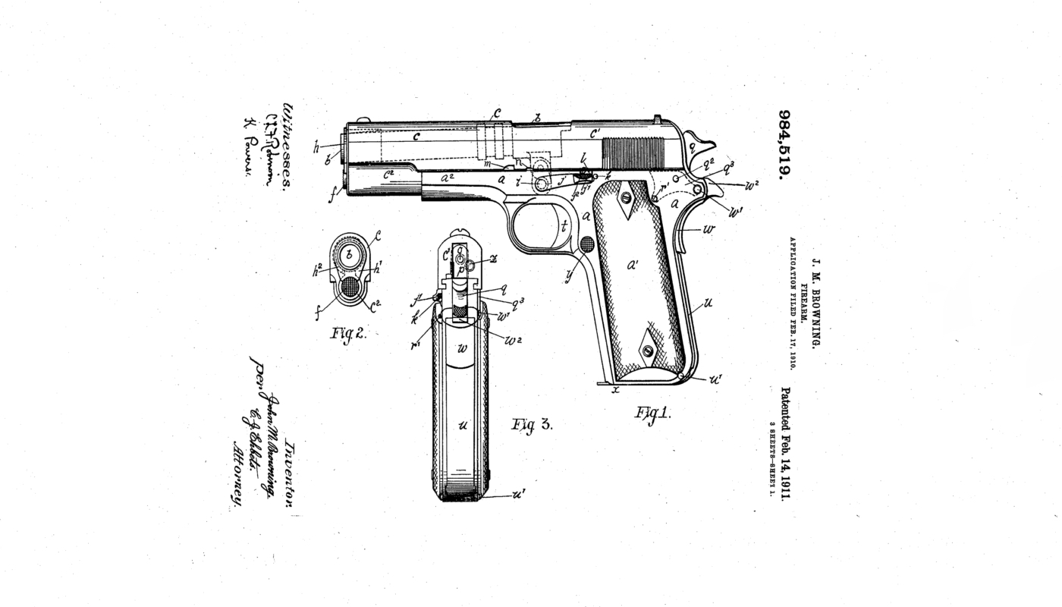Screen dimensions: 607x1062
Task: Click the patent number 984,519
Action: (784, 144)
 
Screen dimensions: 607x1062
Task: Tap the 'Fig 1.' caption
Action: (652, 413)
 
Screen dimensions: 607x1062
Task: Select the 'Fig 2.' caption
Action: (348, 332)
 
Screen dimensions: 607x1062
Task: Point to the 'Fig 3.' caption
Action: (532, 424)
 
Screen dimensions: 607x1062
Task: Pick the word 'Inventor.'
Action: (290, 476)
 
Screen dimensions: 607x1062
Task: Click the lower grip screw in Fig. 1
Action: (647, 351)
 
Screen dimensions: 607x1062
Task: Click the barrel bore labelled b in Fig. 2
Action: (349, 255)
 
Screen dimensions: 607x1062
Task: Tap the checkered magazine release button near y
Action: (587, 244)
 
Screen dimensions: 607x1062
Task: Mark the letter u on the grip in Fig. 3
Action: (462, 426)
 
